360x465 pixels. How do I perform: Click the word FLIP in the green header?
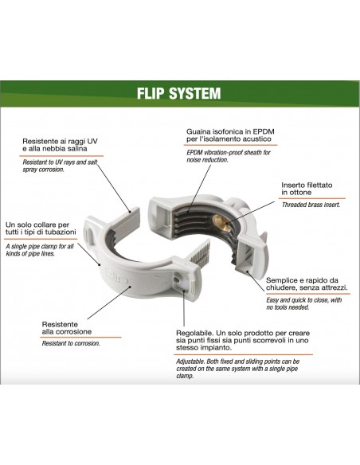152,94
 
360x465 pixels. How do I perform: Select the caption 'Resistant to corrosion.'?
71,343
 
